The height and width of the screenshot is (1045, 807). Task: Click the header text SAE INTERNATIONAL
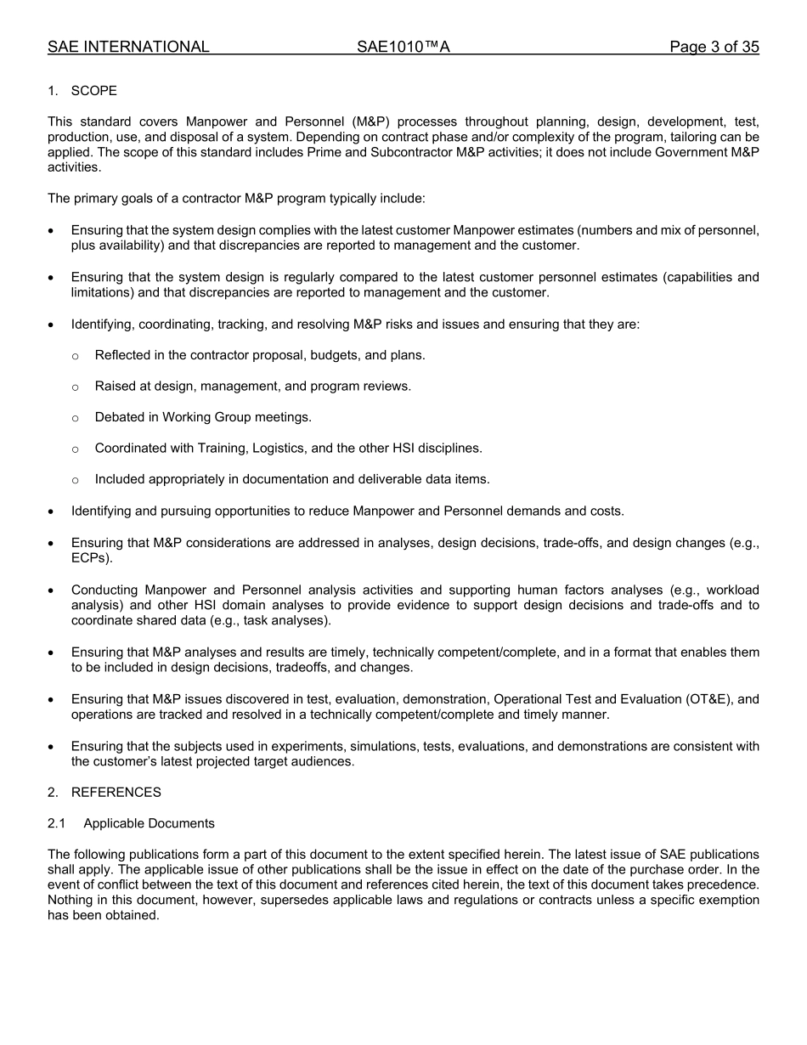pyautogui.click(x=128, y=48)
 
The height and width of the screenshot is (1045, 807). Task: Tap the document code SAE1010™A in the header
pyautogui.click(x=403, y=48)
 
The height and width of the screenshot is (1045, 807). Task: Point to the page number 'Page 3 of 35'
pyautogui.click(x=714, y=48)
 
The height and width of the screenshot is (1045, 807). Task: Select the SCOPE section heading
pyautogui.click(x=93, y=91)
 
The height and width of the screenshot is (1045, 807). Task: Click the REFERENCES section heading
pyautogui.click(x=116, y=793)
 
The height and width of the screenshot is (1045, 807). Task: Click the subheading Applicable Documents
pyautogui.click(x=149, y=823)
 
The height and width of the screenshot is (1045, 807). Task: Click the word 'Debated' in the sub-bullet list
pyautogui.click(x=120, y=417)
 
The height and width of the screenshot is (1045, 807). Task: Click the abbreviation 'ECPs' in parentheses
pyautogui.click(x=89, y=558)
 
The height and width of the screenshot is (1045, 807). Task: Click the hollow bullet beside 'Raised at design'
pyautogui.click(x=76, y=387)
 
